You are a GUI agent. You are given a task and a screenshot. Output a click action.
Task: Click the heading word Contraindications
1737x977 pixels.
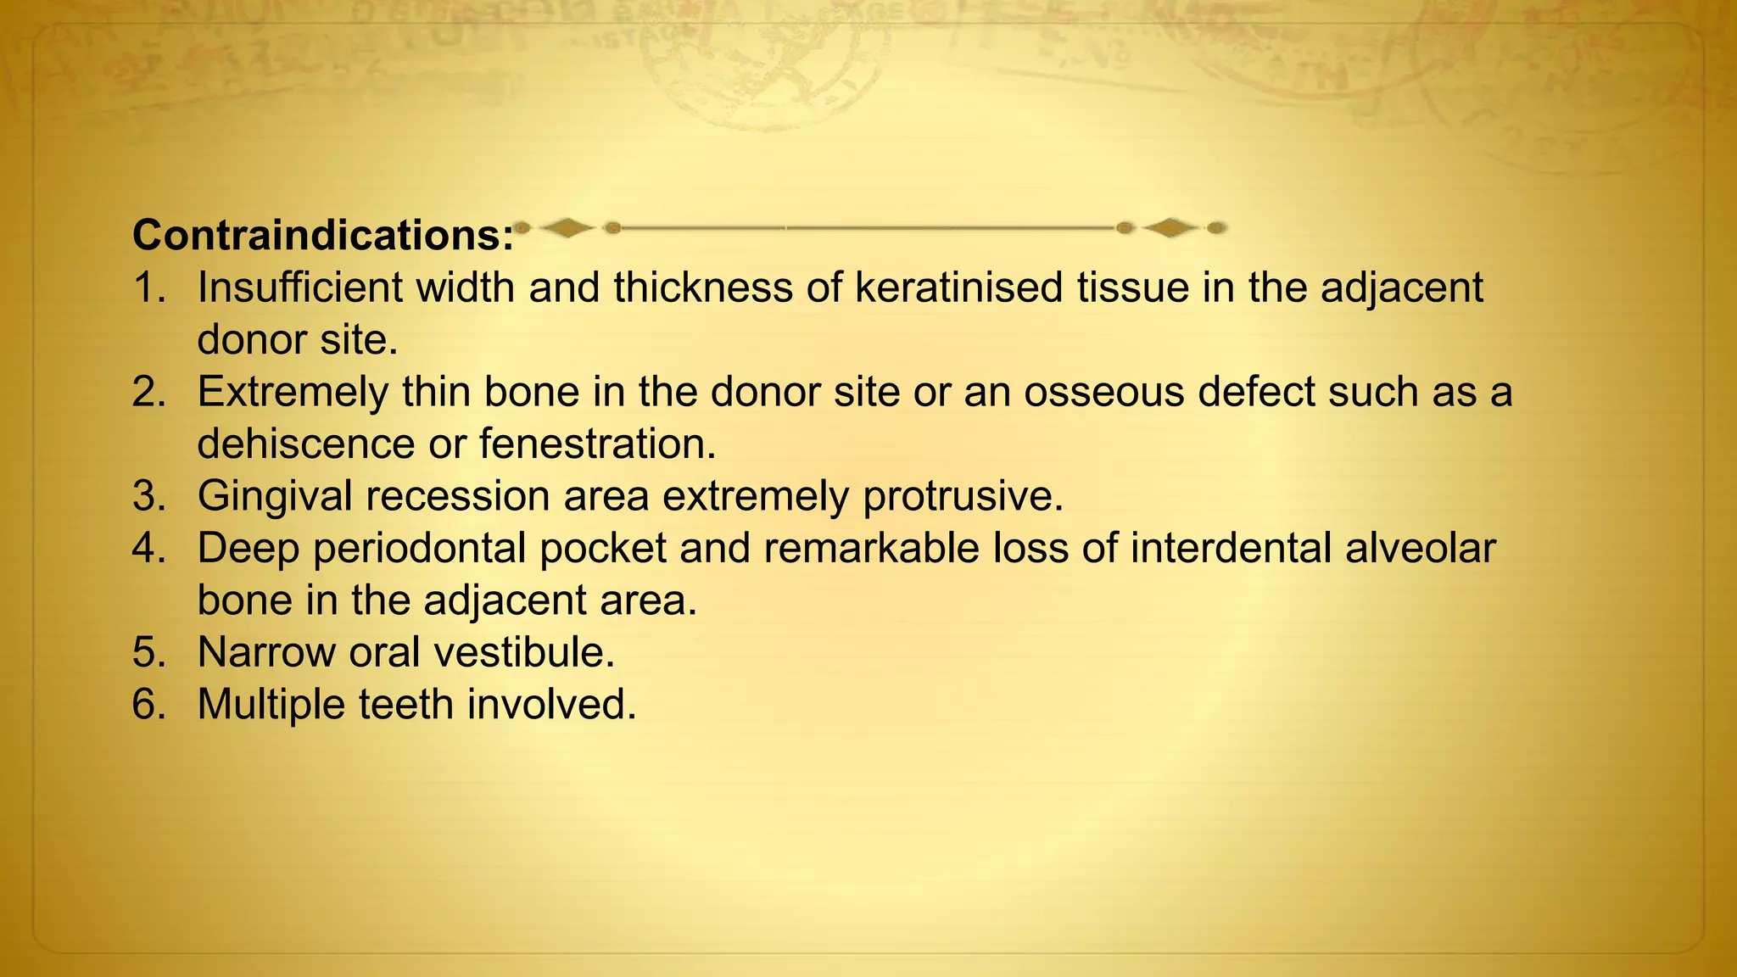click(x=322, y=235)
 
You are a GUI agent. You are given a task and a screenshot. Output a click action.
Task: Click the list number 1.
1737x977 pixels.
click(x=149, y=288)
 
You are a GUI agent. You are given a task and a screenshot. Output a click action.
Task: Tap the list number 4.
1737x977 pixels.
click(x=149, y=548)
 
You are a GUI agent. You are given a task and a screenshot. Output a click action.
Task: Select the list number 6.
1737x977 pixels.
click(x=149, y=705)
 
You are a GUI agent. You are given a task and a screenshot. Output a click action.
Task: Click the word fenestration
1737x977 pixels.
click(x=598, y=444)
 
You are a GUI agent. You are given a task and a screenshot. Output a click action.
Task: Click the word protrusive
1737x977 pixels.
click(x=963, y=496)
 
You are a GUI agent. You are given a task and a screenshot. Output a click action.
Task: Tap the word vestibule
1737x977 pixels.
click(x=523, y=652)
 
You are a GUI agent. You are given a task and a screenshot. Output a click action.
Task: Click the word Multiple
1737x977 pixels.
click(x=271, y=705)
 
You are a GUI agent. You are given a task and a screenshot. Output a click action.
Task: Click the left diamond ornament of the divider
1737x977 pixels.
click(x=567, y=227)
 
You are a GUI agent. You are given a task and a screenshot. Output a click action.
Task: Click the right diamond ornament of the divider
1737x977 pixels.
click(x=1170, y=227)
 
